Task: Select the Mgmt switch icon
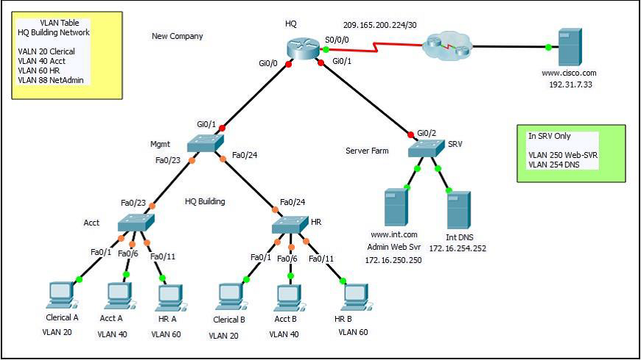204,143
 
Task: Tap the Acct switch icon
135,223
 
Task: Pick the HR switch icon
290,226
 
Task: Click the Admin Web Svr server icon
394,208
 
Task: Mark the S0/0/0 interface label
337,40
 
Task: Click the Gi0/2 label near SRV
427,132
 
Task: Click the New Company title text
177,36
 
